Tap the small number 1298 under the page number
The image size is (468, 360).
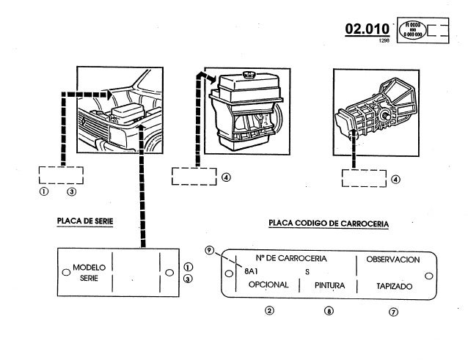click(384, 41)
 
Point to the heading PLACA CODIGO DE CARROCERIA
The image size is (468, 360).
click(329, 223)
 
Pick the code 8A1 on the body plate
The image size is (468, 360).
click(249, 271)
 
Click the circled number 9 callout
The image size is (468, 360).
click(210, 251)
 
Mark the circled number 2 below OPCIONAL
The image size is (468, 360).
click(269, 311)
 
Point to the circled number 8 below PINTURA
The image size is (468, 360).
click(329, 311)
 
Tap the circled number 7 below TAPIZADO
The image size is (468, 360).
click(394, 311)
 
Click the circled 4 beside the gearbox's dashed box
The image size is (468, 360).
click(396, 178)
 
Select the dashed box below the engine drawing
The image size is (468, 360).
click(193, 177)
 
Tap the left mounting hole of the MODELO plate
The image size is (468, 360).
click(65, 273)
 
